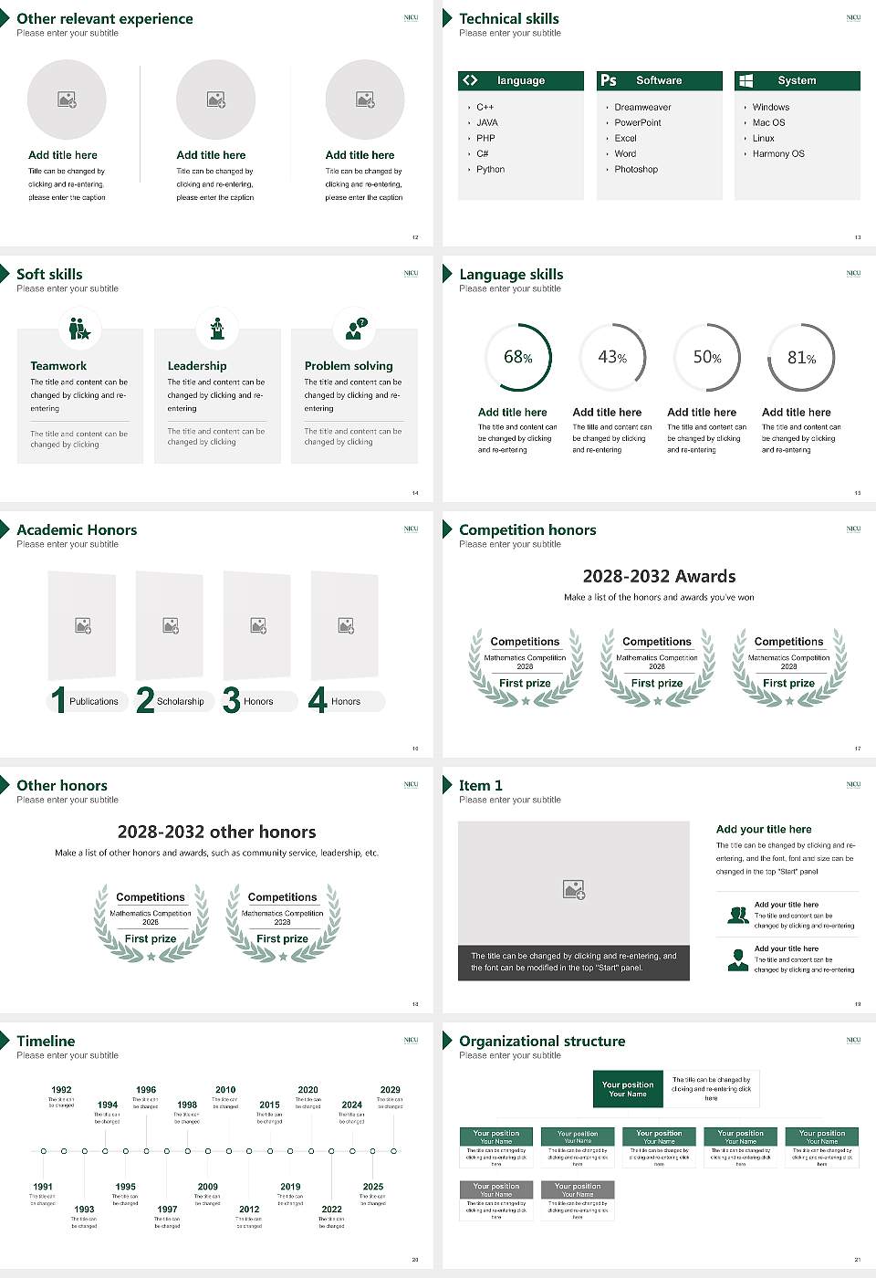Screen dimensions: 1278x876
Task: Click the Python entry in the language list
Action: (x=490, y=170)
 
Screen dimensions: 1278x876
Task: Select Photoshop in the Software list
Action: (x=635, y=170)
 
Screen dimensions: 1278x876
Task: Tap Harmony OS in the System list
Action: (x=777, y=154)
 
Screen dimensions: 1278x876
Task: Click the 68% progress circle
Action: (x=518, y=357)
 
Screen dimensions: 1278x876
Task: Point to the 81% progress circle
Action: (x=801, y=357)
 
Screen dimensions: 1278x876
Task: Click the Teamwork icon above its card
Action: (x=79, y=328)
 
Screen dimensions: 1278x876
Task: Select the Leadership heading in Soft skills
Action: (x=197, y=366)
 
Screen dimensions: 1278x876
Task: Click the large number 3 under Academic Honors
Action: (x=232, y=700)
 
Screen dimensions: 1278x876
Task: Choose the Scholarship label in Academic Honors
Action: (x=180, y=702)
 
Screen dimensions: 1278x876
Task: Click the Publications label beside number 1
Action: (x=94, y=702)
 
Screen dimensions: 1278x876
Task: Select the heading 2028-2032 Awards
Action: (x=659, y=576)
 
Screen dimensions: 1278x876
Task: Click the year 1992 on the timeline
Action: (x=61, y=1090)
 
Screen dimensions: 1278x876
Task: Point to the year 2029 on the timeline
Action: (x=390, y=1090)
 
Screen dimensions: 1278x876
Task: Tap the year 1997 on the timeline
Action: (x=167, y=1210)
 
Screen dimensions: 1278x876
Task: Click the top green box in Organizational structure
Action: (x=628, y=1089)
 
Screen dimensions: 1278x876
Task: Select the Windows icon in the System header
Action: (x=746, y=80)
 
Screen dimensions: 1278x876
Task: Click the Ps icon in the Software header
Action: (x=609, y=80)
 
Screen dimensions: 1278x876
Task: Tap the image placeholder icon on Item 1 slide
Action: (x=574, y=889)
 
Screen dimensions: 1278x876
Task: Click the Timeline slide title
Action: (x=46, y=1041)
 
